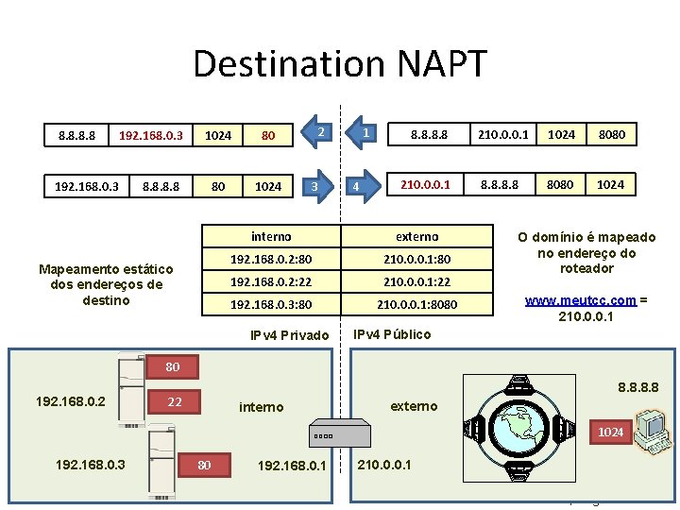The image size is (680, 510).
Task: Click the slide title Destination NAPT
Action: [340, 64]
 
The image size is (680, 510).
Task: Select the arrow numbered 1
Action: [364, 134]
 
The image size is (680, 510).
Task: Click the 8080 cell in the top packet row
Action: [610, 135]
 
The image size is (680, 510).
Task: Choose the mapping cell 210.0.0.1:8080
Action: [417, 304]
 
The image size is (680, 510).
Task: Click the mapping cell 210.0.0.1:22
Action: [417, 281]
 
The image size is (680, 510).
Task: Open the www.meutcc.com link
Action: [580, 301]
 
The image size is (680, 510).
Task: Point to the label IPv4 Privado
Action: [289, 335]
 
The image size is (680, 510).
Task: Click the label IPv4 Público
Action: [392, 334]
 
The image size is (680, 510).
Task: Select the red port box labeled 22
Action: [175, 402]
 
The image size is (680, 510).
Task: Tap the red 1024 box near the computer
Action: [610, 432]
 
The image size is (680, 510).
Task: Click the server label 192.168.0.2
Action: [70, 401]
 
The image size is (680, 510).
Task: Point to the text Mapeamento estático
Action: [106, 269]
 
